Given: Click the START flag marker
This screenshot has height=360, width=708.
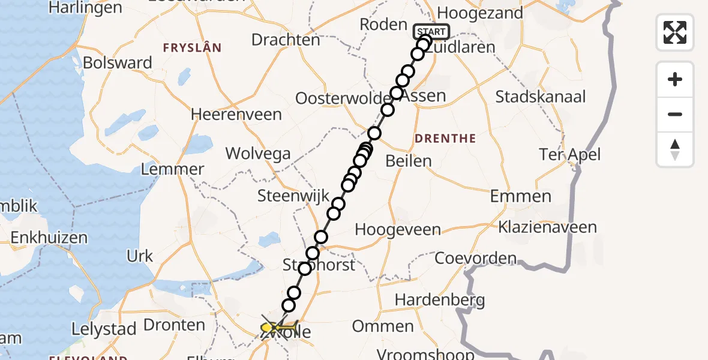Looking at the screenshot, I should [x=431, y=32].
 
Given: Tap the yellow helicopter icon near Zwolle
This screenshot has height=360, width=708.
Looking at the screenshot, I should [x=273, y=328].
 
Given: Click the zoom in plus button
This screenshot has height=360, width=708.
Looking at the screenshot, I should [x=675, y=80].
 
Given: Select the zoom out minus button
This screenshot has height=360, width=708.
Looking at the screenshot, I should [x=675, y=114].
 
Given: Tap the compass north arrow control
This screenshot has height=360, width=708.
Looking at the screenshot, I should [x=675, y=149].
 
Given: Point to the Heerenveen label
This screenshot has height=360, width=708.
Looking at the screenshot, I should [x=236, y=114].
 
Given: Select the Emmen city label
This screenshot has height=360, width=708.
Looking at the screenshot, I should [x=520, y=196].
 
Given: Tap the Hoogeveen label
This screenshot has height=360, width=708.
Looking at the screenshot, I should [x=398, y=230].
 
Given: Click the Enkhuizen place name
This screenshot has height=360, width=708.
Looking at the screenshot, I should [x=49, y=238].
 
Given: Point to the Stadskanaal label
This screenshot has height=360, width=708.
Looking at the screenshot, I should [x=541, y=96].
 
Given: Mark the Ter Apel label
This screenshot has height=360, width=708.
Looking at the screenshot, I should [x=569, y=155].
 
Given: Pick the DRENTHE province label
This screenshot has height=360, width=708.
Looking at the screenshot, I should [x=445, y=139].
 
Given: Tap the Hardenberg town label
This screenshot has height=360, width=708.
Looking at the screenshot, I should [x=433, y=299].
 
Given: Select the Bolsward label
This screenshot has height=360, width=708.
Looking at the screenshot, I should [x=118, y=62].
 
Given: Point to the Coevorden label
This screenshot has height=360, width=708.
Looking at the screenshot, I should [x=475, y=259].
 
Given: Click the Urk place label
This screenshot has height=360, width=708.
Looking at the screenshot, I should [x=140, y=256].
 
